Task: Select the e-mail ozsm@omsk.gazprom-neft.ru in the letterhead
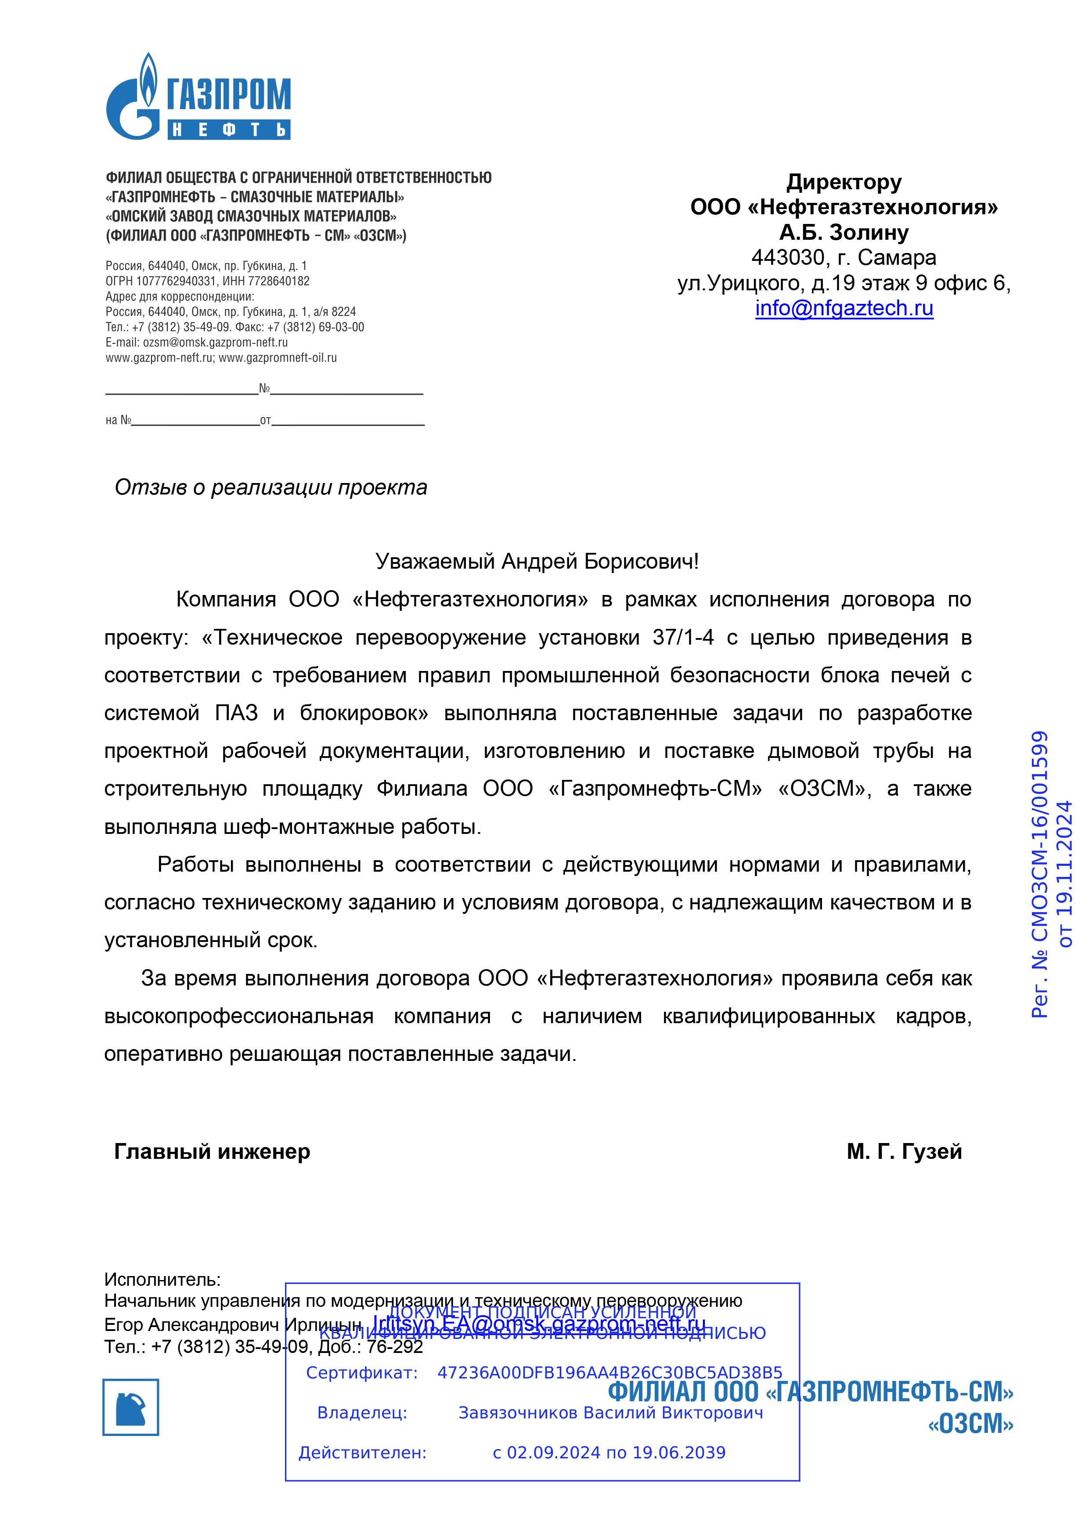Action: (215, 342)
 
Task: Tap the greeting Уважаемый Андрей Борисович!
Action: (537, 561)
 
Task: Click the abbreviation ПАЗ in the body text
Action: (236, 713)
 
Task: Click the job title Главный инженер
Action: (212, 1152)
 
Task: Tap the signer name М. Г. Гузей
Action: (904, 1152)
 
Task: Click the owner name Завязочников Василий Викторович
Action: (610, 1413)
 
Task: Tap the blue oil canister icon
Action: (131, 1407)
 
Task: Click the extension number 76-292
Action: (394, 1347)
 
